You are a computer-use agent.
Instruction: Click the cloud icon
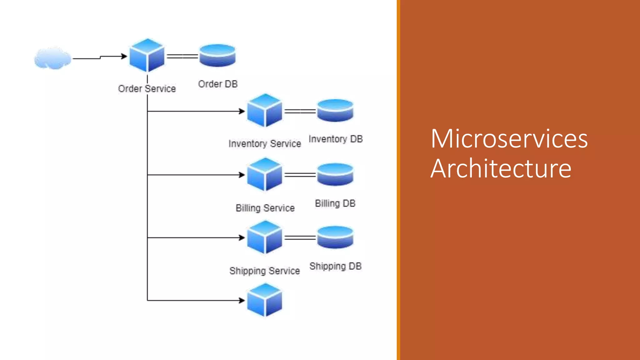(x=52, y=58)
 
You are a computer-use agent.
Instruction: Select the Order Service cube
(x=147, y=56)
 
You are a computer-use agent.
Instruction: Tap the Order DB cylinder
(x=217, y=56)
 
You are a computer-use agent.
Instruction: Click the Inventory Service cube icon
(x=264, y=111)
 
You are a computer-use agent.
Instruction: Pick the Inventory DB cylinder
(x=335, y=111)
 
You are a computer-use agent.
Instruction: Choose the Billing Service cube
(x=264, y=174)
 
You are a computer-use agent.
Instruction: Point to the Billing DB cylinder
(x=335, y=174)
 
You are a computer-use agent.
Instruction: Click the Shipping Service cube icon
(x=264, y=237)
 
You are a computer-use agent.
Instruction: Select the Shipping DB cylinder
(x=335, y=237)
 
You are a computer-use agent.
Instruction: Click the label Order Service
(x=147, y=89)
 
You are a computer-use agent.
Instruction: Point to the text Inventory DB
(x=336, y=139)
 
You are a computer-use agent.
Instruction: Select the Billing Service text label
(x=265, y=208)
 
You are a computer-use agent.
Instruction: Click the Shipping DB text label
(x=335, y=266)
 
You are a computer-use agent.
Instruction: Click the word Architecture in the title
(x=501, y=169)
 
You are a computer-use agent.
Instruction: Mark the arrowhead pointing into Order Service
(x=124, y=56)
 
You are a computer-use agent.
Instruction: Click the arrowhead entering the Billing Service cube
(x=242, y=175)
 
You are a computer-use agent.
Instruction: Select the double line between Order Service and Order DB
(x=182, y=56)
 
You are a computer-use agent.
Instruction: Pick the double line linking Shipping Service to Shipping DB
(x=300, y=238)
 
